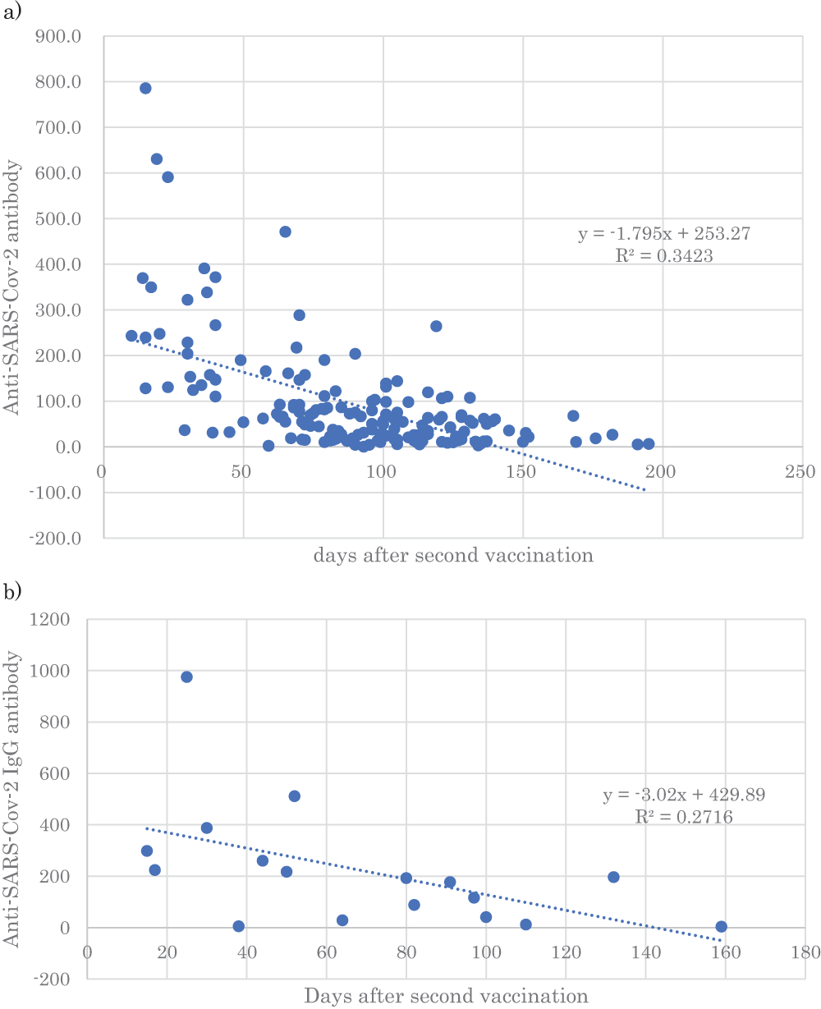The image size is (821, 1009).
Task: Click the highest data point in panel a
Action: (x=145, y=89)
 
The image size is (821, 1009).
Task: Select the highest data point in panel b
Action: (x=186, y=676)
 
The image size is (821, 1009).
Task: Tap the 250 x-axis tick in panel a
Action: (x=800, y=472)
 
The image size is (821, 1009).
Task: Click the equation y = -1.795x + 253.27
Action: (x=664, y=235)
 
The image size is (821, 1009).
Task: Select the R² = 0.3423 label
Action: (x=664, y=255)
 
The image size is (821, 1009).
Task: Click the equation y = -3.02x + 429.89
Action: (x=686, y=796)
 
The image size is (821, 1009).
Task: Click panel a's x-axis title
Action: (x=452, y=556)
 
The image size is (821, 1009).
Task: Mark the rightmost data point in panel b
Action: (x=721, y=927)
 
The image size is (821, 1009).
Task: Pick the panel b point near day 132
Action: (x=613, y=877)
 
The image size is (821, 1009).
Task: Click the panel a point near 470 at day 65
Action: (x=285, y=232)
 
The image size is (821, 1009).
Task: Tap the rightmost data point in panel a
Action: (x=649, y=444)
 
